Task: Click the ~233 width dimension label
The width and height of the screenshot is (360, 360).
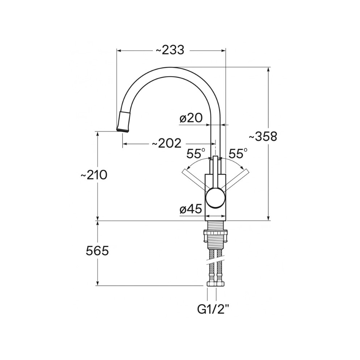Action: coord(170,50)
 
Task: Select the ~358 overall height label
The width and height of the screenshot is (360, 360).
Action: coord(263,136)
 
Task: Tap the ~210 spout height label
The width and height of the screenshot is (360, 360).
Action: coord(94,175)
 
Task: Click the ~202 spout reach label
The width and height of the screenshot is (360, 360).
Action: coord(167,144)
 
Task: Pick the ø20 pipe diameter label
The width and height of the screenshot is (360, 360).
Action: coord(191,118)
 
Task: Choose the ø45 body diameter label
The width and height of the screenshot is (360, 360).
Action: coord(191,209)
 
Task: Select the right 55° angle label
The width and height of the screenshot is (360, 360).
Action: coord(238,154)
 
